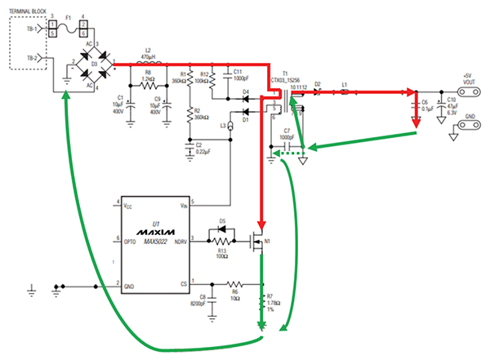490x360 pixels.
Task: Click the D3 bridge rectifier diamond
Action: (x=90, y=64)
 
